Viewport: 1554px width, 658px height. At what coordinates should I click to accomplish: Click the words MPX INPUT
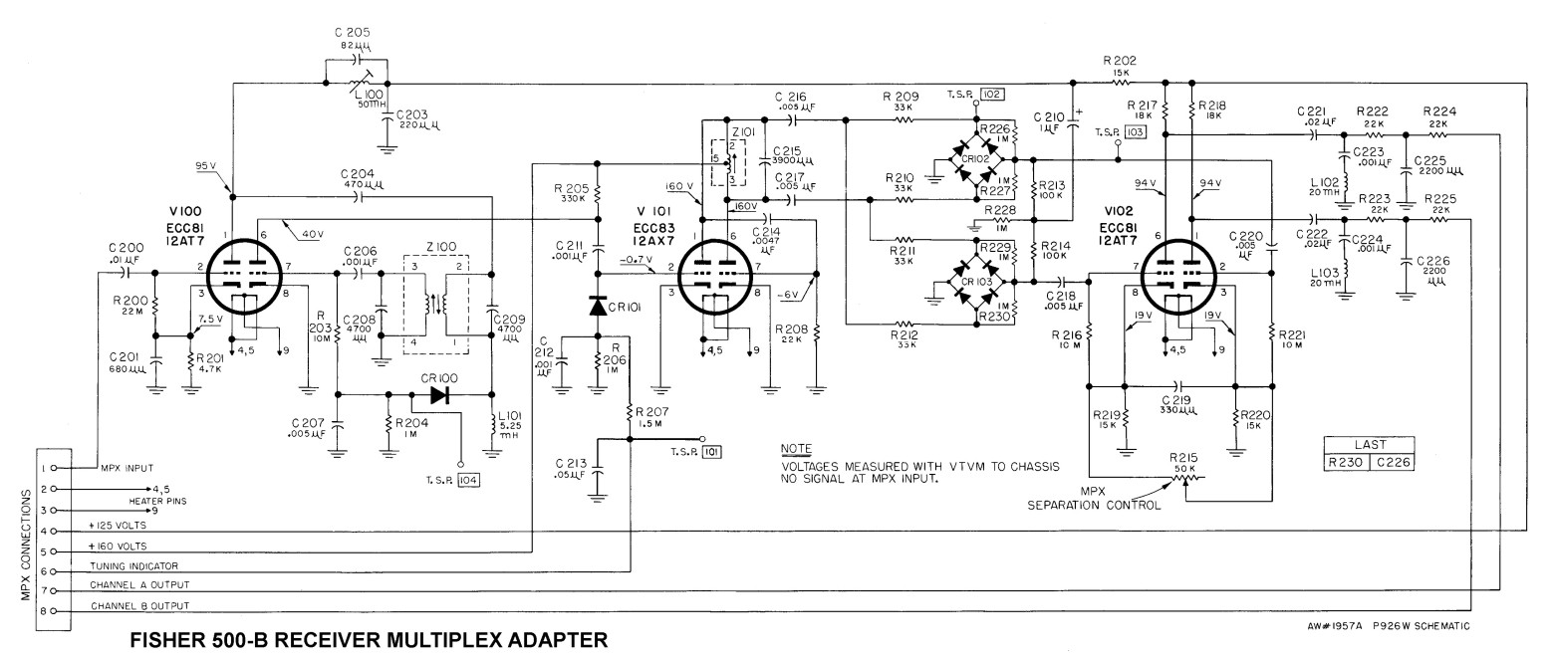pos(125,467)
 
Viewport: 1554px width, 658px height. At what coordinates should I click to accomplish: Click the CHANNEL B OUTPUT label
pos(140,605)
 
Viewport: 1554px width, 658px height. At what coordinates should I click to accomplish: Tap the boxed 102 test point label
pos(991,95)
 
